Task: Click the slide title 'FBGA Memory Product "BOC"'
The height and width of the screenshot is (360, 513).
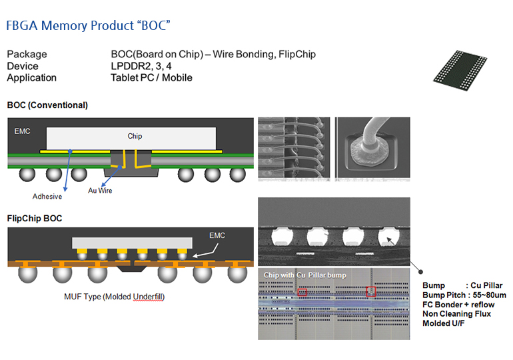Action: [x=88, y=26]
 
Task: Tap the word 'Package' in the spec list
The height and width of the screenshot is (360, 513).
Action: [x=27, y=55]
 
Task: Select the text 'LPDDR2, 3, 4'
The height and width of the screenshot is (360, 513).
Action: [x=142, y=66]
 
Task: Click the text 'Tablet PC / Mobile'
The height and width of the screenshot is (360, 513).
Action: [x=151, y=77]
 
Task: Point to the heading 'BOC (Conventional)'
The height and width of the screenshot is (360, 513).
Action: [x=47, y=105]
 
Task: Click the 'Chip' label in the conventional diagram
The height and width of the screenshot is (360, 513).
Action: [x=135, y=137]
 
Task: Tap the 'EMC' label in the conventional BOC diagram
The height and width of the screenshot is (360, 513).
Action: [x=22, y=131]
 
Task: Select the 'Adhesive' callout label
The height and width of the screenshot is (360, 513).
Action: [x=47, y=197]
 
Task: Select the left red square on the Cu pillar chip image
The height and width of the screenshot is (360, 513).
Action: [x=303, y=292]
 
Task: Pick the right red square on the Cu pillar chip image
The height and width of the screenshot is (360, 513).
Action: [x=371, y=291]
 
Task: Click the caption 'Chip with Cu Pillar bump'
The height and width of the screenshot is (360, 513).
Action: [x=305, y=275]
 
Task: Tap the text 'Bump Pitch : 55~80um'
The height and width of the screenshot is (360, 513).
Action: [x=464, y=295]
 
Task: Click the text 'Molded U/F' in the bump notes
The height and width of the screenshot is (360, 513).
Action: [x=444, y=323]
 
